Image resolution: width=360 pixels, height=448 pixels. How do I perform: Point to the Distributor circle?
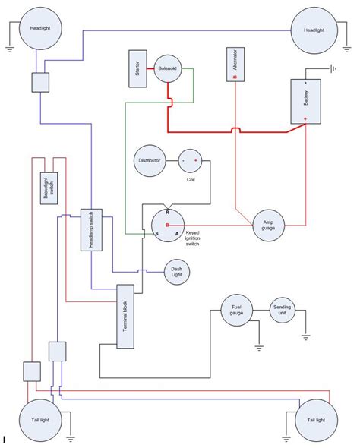(x=148, y=161)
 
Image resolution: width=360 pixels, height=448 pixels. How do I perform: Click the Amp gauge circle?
(x=267, y=226)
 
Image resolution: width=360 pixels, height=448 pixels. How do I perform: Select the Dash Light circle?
(x=177, y=271)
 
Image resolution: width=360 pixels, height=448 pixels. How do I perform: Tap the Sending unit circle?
(x=282, y=310)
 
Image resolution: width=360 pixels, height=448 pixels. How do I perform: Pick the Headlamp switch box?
(x=90, y=230)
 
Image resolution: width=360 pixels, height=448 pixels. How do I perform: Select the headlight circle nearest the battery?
(x=313, y=30)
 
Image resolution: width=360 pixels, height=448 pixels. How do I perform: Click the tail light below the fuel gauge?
(x=316, y=419)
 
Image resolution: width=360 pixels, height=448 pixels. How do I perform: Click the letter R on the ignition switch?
(x=167, y=214)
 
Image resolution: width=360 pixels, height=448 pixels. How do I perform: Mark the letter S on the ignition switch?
(x=157, y=234)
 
